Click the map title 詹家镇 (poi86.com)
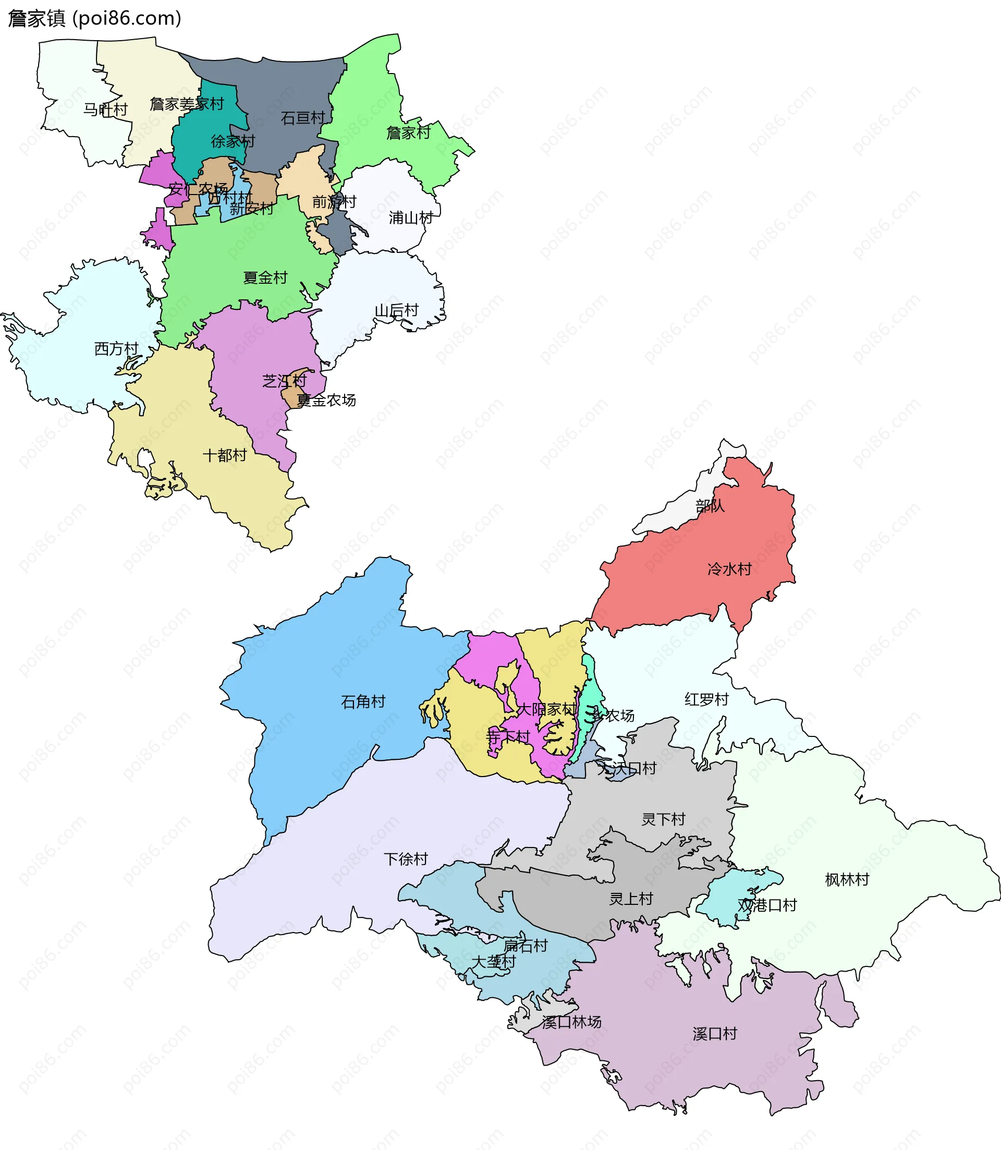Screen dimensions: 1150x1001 (95, 18)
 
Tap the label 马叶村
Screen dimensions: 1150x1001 (105, 110)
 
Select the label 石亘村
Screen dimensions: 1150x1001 (303, 118)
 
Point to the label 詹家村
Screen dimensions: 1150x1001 (408, 133)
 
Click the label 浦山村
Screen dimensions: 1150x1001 (411, 218)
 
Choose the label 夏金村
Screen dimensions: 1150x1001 (265, 277)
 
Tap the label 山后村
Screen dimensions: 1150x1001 (396, 311)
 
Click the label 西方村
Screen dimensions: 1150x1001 (116, 349)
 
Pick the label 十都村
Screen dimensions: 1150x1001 (224, 455)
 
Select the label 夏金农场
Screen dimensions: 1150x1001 (326, 401)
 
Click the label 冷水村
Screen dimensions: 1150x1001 (729, 570)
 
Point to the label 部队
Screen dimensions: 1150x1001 (710, 506)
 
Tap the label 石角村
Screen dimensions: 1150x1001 (363, 702)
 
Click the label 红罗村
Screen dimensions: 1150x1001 (706, 699)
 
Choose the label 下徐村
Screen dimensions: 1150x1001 (406, 860)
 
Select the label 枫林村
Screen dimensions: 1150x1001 (847, 880)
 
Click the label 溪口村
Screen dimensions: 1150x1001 (714, 1034)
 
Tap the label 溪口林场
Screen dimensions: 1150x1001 (571, 1023)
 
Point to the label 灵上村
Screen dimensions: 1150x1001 (631, 899)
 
